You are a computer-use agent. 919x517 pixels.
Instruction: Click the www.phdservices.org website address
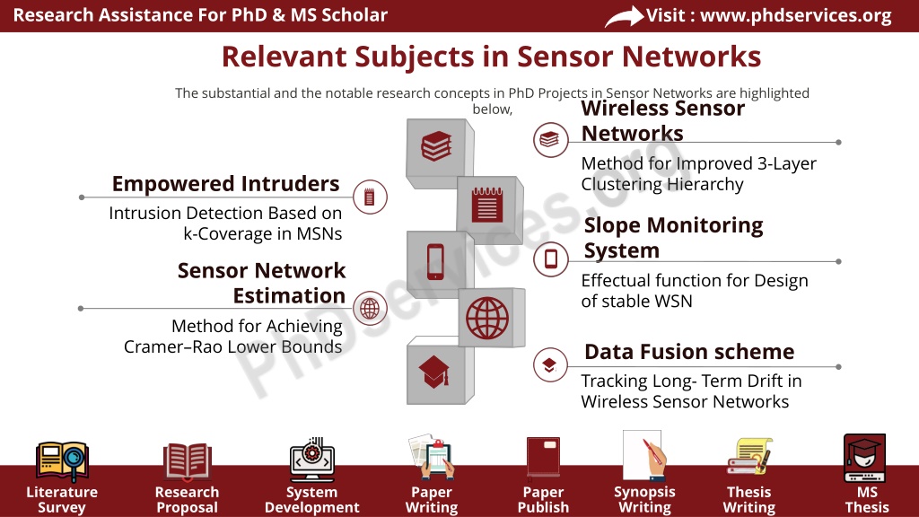(x=795, y=15)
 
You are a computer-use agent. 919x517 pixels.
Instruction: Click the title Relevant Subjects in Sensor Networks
(x=491, y=57)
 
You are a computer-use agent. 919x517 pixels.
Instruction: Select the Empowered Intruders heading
(x=225, y=183)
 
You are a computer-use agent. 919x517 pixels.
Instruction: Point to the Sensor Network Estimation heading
(x=261, y=283)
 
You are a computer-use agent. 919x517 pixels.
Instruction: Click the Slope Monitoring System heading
(x=673, y=237)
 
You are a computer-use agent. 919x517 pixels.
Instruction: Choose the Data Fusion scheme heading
(x=689, y=352)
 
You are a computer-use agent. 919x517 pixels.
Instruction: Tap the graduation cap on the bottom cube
(x=434, y=372)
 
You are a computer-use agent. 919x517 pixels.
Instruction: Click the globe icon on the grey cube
(x=487, y=319)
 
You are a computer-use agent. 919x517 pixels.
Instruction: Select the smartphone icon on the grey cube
(x=435, y=261)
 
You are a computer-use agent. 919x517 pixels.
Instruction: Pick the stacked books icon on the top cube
(x=437, y=146)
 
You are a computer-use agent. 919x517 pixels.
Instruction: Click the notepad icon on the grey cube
(x=487, y=204)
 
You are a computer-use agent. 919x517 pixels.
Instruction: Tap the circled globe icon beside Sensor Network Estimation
(x=370, y=309)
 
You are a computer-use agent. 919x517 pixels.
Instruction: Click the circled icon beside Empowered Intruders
(x=370, y=197)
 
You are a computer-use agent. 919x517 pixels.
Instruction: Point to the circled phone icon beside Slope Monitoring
(x=551, y=258)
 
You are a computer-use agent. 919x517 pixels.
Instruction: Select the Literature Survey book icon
(x=62, y=461)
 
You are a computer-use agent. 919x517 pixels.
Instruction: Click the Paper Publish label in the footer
(x=543, y=499)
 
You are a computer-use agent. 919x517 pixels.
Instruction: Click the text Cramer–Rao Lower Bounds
(x=232, y=346)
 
